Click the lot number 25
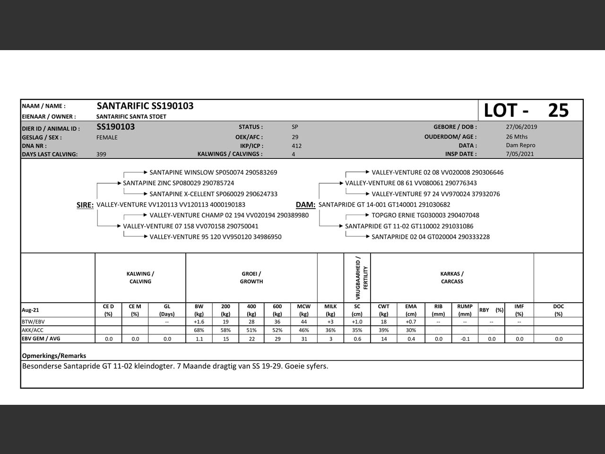tap(558, 110)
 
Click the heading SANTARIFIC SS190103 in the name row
tap(145, 106)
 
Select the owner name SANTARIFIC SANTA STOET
tap(131, 116)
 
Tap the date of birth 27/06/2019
tap(521, 127)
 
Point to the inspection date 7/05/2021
tap(520, 154)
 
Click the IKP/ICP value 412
tap(296, 146)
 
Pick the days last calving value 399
tap(101, 154)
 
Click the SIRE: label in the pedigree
tap(85, 205)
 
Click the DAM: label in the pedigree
tap(305, 205)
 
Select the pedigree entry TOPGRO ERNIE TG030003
tap(425, 215)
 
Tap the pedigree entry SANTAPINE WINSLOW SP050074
tap(213, 173)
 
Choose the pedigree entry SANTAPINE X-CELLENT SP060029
tap(213, 194)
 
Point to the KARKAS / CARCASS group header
tap(452, 278)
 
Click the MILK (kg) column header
tap(330, 310)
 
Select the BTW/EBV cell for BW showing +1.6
tap(199, 322)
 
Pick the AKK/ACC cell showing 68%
tap(199, 330)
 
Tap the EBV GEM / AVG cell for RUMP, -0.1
tap(465, 339)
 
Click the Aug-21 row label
tap(31, 310)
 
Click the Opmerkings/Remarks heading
tap(54, 356)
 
